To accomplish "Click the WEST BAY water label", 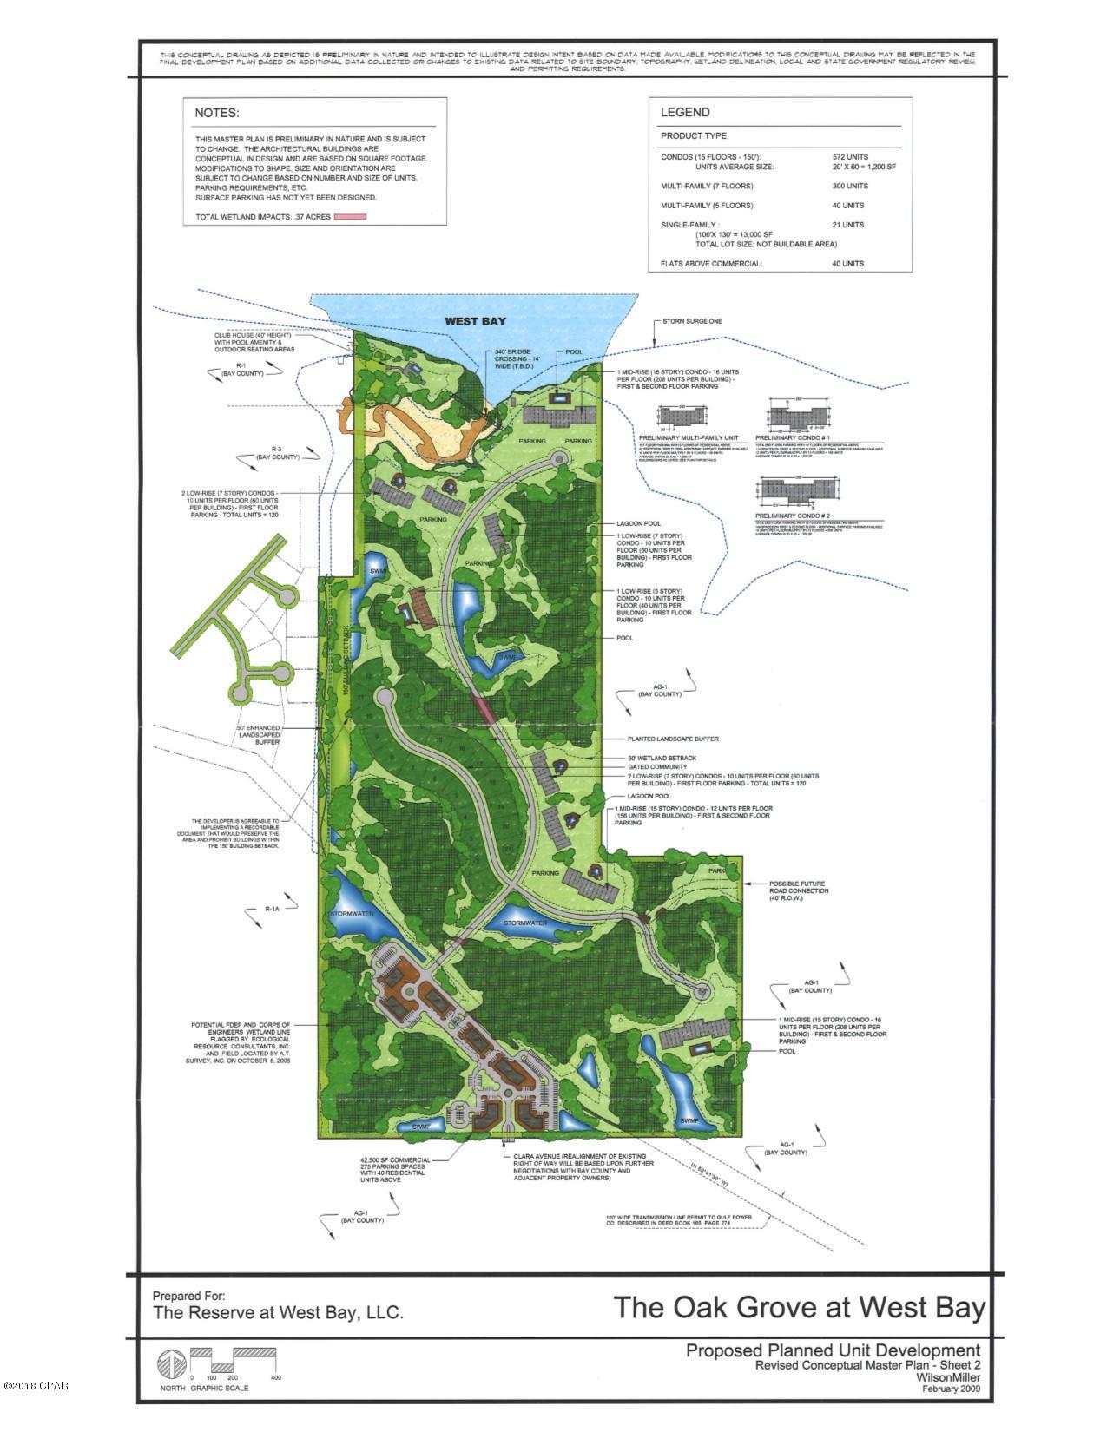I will (475, 321).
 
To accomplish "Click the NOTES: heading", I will (216, 113).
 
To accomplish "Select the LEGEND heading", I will (685, 112).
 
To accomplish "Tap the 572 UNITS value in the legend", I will (849, 157).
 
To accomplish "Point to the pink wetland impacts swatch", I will (351, 216).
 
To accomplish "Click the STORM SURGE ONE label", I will (692, 321).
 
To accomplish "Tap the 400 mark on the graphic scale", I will (276, 1378).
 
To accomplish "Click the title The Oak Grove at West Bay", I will (800, 1307).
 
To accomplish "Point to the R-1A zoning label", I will (273, 909).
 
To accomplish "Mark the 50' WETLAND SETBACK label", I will (662, 757).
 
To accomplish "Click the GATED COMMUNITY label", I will (659, 767).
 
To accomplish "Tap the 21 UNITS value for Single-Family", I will (848, 225).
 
